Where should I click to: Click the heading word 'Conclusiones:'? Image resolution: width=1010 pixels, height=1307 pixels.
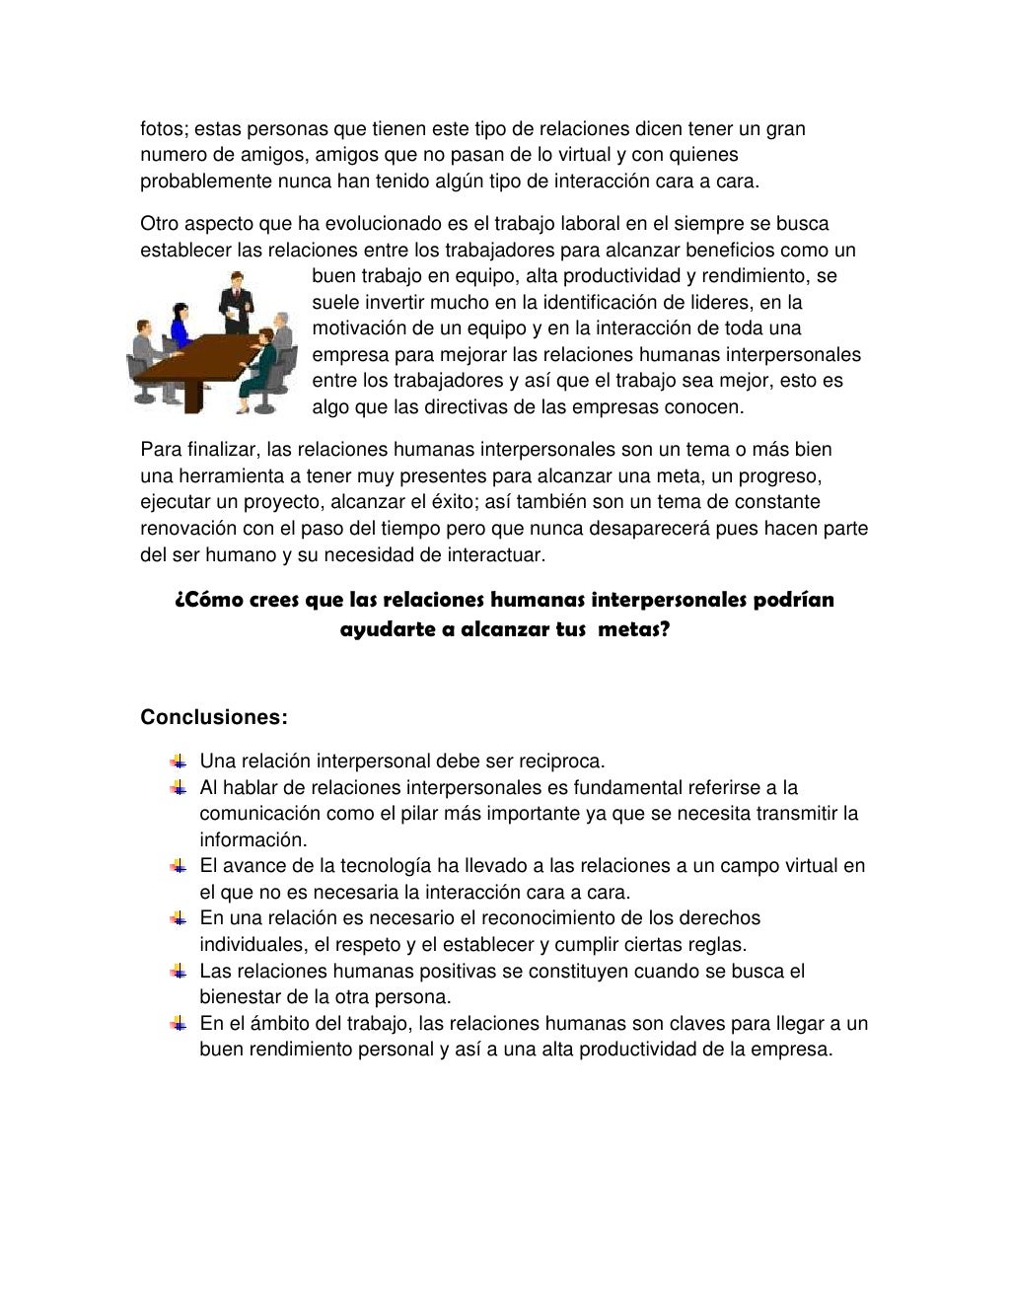[x=214, y=717]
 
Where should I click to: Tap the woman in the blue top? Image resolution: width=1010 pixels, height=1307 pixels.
[x=179, y=326]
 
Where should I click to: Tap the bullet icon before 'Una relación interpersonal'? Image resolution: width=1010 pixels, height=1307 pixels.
[x=178, y=761]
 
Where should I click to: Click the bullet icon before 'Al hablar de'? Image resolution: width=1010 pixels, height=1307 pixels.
[x=178, y=787]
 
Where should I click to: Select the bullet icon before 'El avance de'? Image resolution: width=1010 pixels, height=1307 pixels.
[x=178, y=865]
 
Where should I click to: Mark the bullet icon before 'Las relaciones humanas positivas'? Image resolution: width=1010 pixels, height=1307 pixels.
[x=178, y=971]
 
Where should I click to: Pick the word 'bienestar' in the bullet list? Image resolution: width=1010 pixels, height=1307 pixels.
[x=239, y=996]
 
